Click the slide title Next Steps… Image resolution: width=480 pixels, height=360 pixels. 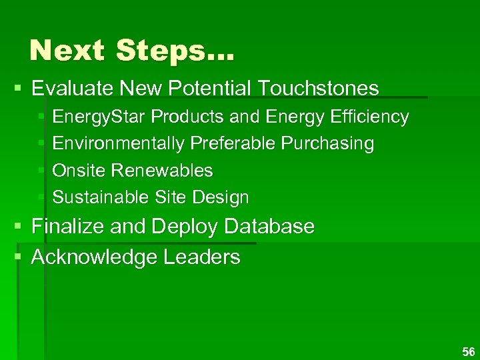coord(132,51)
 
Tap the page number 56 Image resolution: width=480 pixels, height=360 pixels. coord(468,351)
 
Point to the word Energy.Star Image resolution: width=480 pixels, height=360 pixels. coord(99,117)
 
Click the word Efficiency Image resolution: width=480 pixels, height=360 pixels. coord(373,117)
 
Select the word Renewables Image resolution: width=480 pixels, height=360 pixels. coord(162,171)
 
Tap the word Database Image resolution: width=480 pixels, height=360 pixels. coord(269,227)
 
